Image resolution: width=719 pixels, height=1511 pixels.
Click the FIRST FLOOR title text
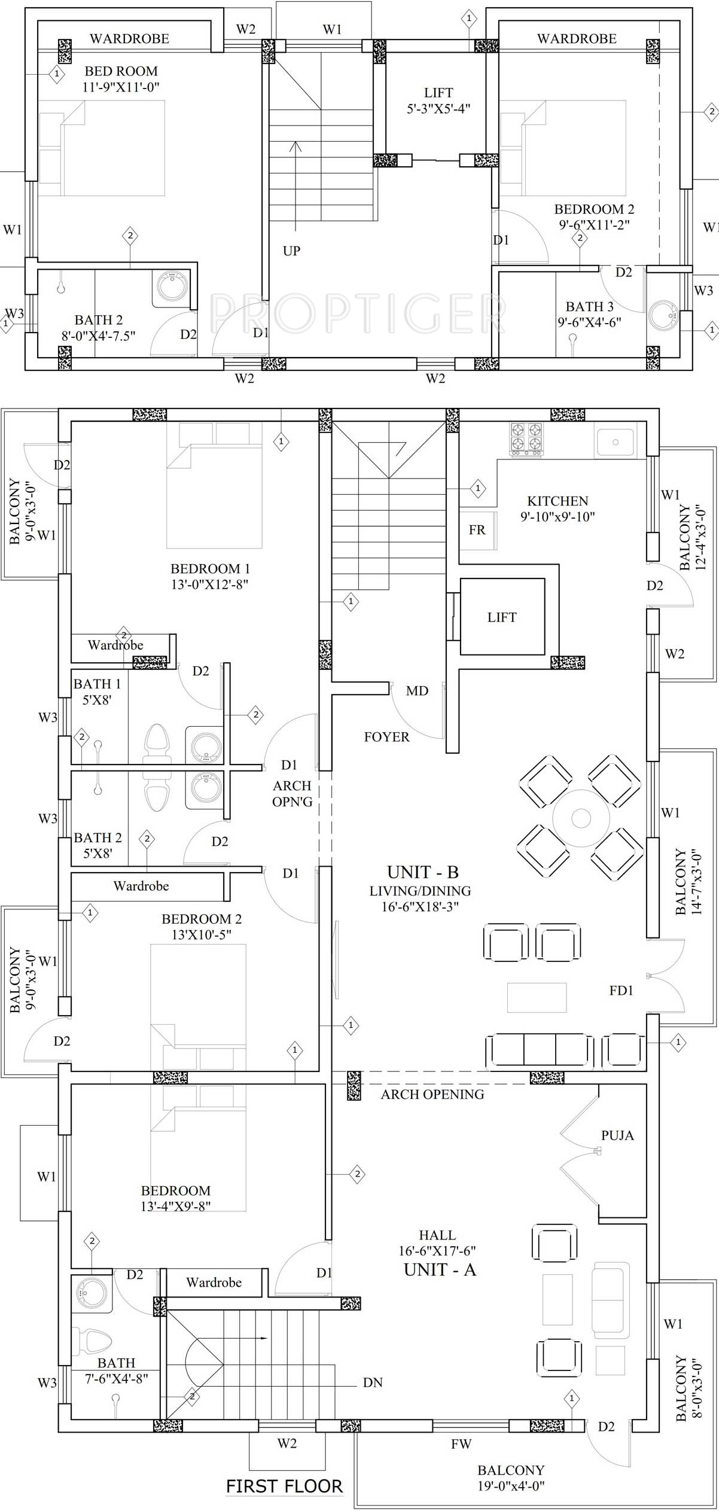tap(284, 1486)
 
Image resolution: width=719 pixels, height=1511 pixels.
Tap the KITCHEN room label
tap(557, 501)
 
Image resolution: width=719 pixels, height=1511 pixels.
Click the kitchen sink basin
tap(614, 443)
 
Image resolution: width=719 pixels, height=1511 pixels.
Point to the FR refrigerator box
tap(477, 530)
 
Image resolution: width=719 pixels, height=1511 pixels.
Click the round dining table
tap(580, 817)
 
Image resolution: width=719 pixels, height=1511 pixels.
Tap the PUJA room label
tap(617, 1135)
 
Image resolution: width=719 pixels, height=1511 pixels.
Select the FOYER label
tap(386, 737)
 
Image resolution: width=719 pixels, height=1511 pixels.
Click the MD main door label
tap(417, 691)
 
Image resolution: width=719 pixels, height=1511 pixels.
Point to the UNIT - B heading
tap(422, 872)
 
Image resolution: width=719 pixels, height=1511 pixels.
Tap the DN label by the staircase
tap(373, 1382)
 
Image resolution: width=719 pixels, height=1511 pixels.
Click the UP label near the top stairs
tap(291, 251)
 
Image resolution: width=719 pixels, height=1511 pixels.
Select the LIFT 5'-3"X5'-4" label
tap(438, 100)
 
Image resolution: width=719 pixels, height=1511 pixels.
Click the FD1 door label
tap(621, 991)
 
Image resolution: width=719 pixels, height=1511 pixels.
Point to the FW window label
tap(461, 1444)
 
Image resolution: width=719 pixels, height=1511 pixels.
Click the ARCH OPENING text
tap(432, 1094)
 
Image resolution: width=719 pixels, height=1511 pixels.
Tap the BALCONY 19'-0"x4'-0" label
tap(511, 1478)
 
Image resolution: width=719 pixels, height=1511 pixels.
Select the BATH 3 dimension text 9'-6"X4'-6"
tap(589, 322)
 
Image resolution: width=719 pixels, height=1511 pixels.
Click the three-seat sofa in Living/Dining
tap(540, 1049)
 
